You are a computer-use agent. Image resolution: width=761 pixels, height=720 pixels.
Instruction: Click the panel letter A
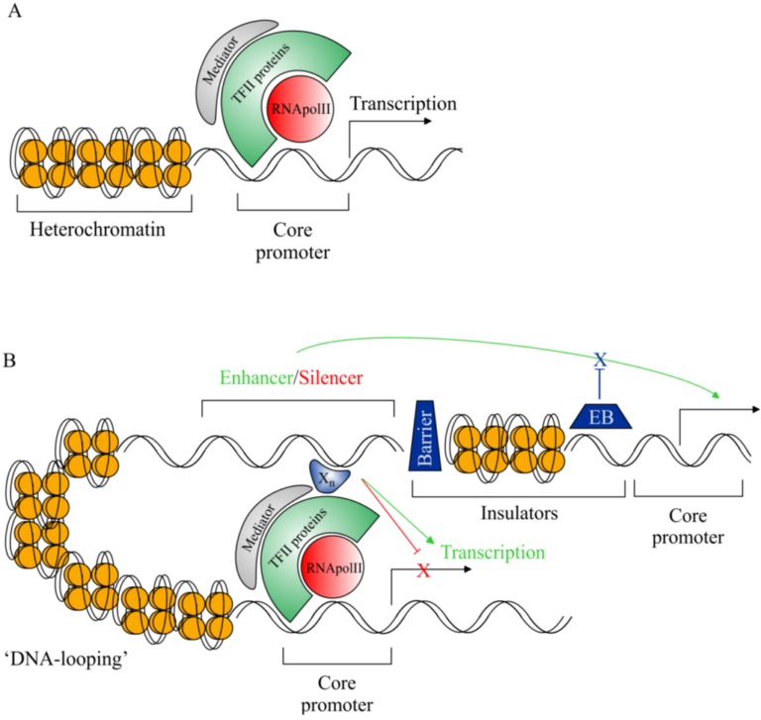pyautogui.click(x=15, y=17)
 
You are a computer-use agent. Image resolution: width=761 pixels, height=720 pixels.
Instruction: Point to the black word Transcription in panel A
pyautogui.click(x=403, y=104)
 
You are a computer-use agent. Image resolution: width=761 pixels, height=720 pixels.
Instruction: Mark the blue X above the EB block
pyautogui.click(x=598, y=360)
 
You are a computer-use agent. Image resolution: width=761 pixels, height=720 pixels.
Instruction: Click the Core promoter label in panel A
pyautogui.click(x=293, y=241)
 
